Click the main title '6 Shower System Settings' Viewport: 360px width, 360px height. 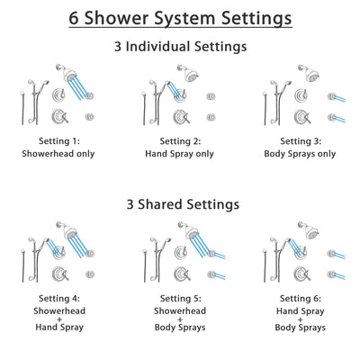tap(180, 17)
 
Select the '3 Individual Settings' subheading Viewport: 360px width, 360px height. tap(180, 46)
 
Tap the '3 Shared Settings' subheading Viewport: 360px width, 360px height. tap(180, 204)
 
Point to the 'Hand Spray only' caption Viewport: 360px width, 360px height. tap(180, 154)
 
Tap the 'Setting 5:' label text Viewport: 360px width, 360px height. tap(180, 292)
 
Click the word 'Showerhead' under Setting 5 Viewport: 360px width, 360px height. tap(180, 305)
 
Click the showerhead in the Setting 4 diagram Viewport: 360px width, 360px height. tap(65, 226)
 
